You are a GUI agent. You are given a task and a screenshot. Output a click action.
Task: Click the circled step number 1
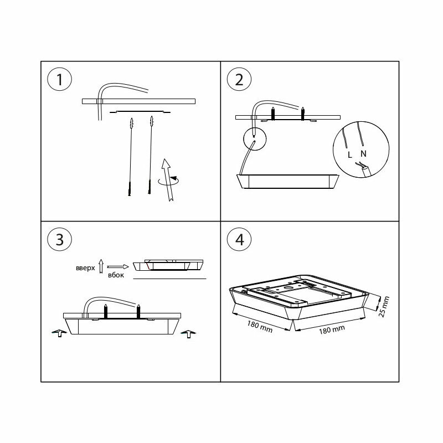pyautogui.click(x=60, y=80)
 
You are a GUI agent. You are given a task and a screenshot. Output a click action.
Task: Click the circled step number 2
pyautogui.click(x=239, y=80)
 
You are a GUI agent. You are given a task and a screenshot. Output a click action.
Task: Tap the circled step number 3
pyautogui.click(x=60, y=239)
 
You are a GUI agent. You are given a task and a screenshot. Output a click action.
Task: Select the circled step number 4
pyautogui.click(x=239, y=239)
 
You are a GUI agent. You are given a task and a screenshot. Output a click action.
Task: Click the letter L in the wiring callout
pyautogui.click(x=349, y=154)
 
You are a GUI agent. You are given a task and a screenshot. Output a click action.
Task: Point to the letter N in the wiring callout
pyautogui.click(x=362, y=153)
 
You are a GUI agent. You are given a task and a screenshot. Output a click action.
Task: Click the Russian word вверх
pyautogui.click(x=86, y=267)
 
